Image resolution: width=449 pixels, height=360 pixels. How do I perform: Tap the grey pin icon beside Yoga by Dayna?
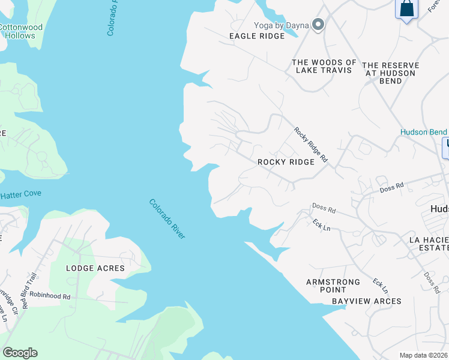[319, 25]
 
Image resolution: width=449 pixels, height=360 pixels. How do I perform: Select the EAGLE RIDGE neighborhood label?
[256, 36]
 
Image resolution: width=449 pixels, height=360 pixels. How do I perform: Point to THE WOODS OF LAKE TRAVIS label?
[324, 66]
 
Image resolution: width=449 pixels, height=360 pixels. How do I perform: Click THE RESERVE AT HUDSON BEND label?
[390, 69]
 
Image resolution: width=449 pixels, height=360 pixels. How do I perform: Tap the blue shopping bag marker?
[406, 10]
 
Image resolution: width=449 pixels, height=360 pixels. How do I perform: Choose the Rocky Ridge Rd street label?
[310, 145]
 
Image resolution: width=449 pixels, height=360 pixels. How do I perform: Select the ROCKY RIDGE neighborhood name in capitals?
[286, 162]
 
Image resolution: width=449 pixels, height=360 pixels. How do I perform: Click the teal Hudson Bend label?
[424, 132]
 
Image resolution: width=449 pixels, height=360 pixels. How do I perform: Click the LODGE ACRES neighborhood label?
[95, 268]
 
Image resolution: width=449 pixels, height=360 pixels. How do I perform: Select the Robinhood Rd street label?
[50, 296]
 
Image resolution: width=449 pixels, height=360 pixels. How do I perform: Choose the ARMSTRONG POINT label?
[333, 286]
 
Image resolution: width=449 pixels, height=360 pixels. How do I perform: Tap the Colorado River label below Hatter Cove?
[167, 219]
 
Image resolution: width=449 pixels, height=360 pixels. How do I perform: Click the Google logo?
[20, 353]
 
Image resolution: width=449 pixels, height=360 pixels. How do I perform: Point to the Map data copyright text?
[424, 355]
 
